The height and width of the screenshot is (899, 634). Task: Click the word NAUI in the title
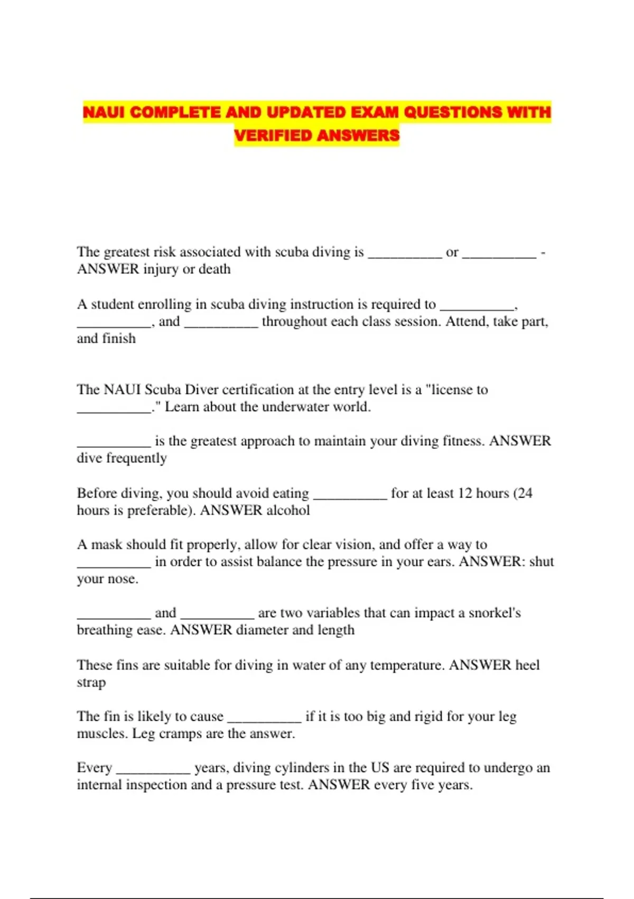tap(104, 112)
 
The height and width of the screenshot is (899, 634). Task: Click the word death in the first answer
tap(215, 269)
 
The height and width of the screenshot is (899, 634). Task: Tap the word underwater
tap(295, 407)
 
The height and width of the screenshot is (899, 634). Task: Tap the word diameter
tap(262, 630)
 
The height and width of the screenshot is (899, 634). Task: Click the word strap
tap(91, 682)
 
